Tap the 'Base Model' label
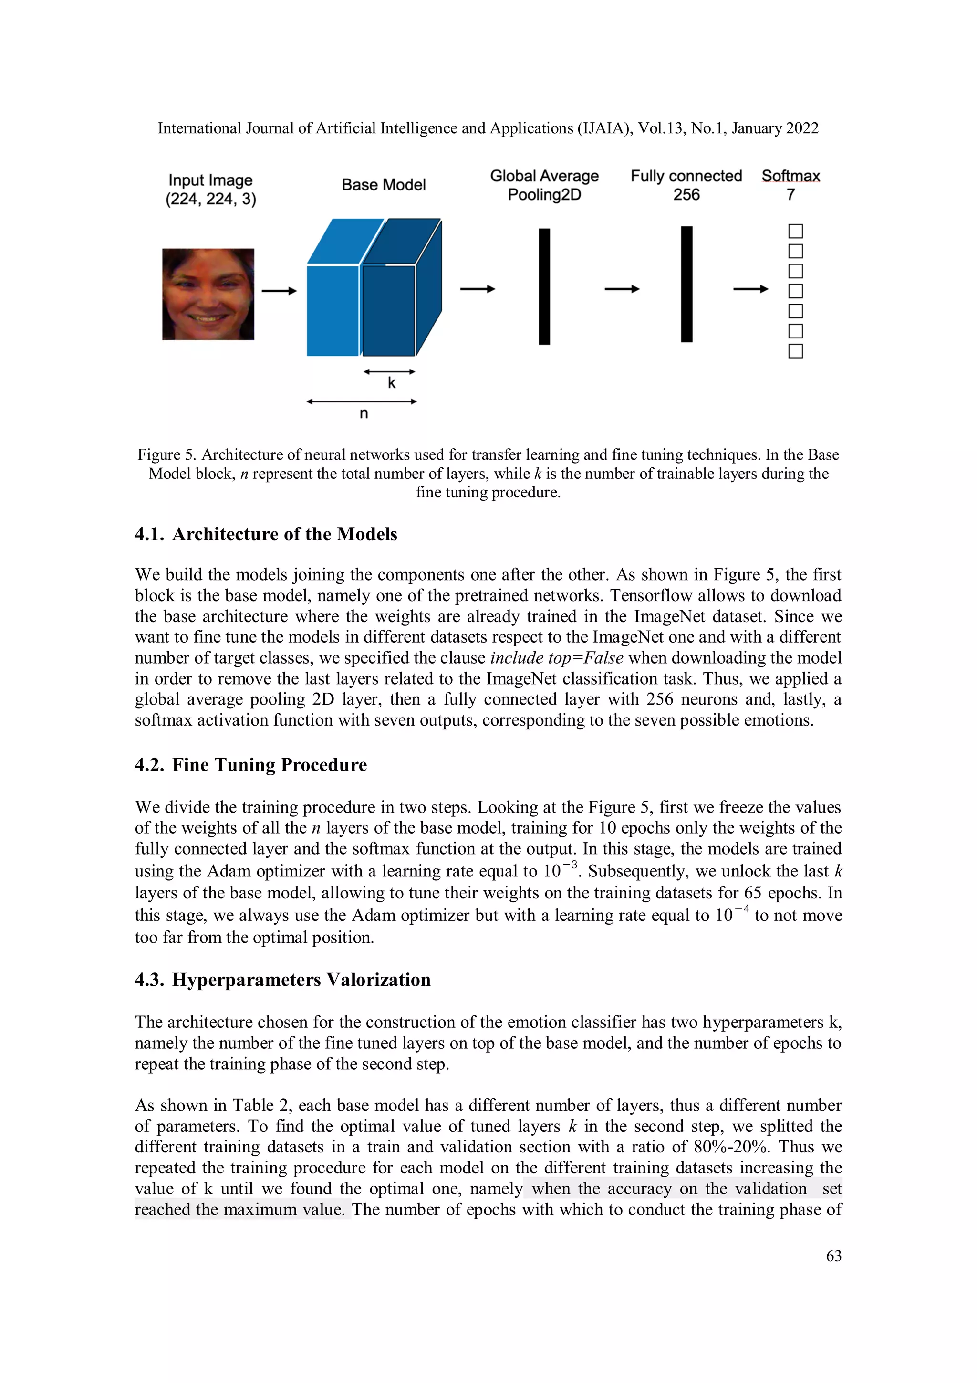(x=384, y=185)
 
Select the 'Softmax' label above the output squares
(x=790, y=176)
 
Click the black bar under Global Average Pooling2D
(x=544, y=287)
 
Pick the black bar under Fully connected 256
(x=686, y=285)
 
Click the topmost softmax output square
(x=795, y=232)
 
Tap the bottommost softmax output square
(x=795, y=351)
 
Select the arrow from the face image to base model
(x=280, y=291)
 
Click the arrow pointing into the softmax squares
(x=751, y=289)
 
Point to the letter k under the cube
(x=391, y=383)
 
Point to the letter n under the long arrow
(x=364, y=413)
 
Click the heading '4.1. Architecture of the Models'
(x=266, y=534)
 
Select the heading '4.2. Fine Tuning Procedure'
(x=251, y=765)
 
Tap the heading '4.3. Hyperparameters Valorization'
(x=283, y=980)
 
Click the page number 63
(x=833, y=1256)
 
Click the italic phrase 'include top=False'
(x=556, y=658)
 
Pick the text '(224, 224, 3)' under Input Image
(x=211, y=200)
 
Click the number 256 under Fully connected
(x=686, y=195)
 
